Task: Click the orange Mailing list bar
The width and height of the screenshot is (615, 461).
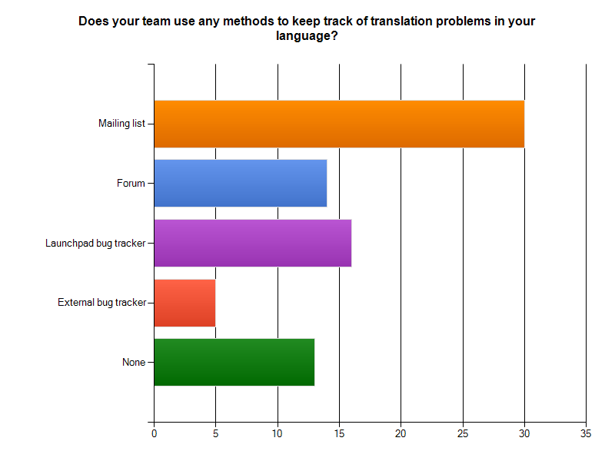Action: (x=339, y=124)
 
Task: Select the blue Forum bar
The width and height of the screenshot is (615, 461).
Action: (x=241, y=183)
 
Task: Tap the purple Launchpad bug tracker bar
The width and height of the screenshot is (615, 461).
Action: (x=253, y=243)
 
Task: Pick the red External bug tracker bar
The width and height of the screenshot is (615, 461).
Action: (x=184, y=303)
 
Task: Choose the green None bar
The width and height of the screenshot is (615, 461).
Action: (x=234, y=362)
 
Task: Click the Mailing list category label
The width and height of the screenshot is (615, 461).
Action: (x=121, y=124)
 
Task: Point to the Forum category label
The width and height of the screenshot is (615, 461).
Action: (x=131, y=183)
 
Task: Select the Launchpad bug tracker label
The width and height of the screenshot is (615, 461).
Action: (x=95, y=244)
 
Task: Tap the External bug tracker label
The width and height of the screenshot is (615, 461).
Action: (x=101, y=303)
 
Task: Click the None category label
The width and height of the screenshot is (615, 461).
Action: (x=134, y=362)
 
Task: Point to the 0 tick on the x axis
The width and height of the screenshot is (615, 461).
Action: (x=155, y=433)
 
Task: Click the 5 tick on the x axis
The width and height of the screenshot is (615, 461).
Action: (x=216, y=433)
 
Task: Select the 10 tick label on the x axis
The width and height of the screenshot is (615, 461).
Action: (x=278, y=433)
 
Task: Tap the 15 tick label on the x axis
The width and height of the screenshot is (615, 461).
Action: (x=339, y=433)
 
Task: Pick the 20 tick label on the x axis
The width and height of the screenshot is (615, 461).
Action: (x=401, y=433)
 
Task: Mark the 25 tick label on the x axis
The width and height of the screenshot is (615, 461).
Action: (x=463, y=433)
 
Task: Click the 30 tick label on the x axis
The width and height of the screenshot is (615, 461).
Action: (x=524, y=433)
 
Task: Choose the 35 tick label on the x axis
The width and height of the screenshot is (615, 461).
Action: (x=586, y=433)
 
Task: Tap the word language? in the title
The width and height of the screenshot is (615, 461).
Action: (x=307, y=36)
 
